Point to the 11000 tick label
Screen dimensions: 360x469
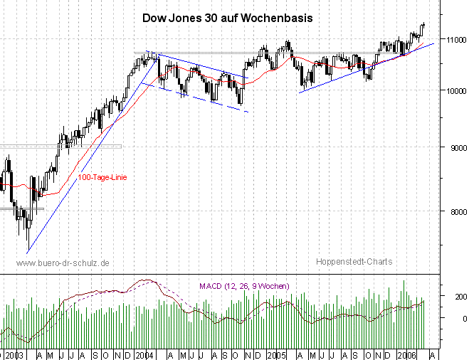(x=453, y=40)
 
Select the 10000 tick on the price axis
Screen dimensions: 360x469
(x=453, y=90)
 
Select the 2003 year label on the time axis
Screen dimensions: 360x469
(x=12, y=354)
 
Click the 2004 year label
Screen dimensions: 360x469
(x=145, y=354)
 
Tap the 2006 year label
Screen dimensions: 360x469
(x=407, y=354)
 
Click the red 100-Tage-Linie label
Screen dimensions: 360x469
(x=101, y=177)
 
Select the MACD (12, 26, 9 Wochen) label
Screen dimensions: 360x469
(x=243, y=286)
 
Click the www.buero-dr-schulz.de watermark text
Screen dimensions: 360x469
(x=62, y=263)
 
